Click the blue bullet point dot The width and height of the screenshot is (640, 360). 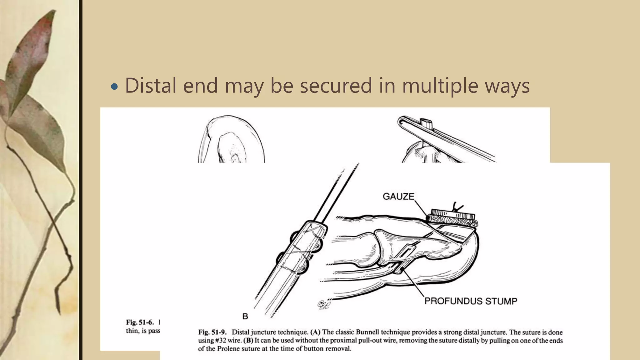(115, 87)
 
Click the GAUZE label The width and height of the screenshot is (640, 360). (398, 197)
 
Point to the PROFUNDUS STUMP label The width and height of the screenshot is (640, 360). (471, 301)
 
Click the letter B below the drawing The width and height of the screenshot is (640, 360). (245, 317)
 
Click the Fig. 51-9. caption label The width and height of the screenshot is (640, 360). (212, 332)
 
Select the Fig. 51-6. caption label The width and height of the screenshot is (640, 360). (140, 322)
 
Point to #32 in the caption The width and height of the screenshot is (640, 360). (220, 340)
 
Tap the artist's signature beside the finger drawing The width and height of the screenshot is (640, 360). (323, 304)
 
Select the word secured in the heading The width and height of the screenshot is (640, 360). (336, 85)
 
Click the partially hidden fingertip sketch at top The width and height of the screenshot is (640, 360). (232, 141)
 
